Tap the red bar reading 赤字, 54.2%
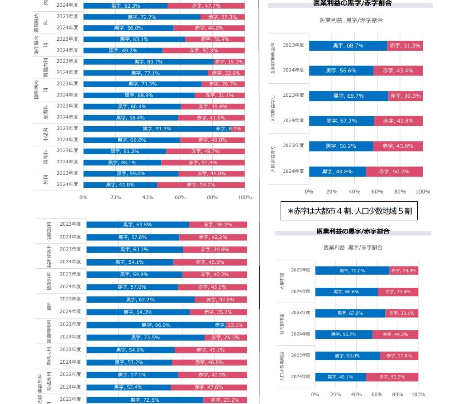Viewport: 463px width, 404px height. [200, 185]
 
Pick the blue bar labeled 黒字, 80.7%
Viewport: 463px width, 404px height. [148, 62]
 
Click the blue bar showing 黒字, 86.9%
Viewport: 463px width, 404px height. [156, 325]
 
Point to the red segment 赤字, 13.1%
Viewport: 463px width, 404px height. [236, 325]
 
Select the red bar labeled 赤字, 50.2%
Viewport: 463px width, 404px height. [394, 171]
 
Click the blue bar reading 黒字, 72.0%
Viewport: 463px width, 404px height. [352, 271]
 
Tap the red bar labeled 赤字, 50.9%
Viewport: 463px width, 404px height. [392, 377]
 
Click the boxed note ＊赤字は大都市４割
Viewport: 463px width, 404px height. [349, 211]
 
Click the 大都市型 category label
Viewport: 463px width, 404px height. [282, 281]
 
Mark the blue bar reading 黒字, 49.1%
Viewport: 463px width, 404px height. [340, 377]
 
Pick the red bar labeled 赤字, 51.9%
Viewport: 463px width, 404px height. [203, 162]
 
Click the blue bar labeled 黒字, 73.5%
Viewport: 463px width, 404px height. [145, 337]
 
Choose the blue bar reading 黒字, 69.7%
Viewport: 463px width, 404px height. [348, 96]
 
